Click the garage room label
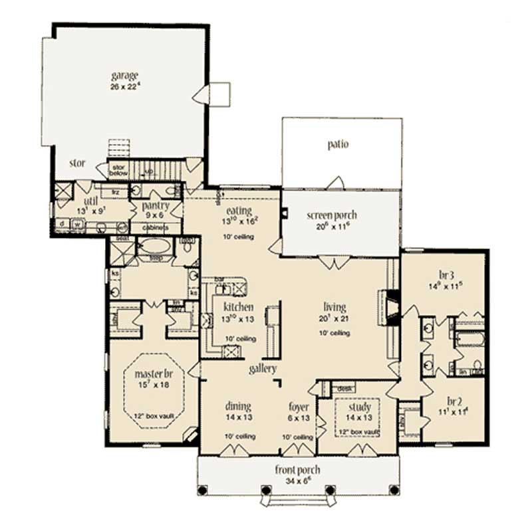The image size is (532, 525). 125,75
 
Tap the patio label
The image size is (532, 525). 338,144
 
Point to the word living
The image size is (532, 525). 334,307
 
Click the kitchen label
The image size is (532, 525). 238,307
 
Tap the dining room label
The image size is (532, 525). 237,406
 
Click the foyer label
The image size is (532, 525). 297,406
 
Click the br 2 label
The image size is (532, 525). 454,401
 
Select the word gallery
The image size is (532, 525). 263,369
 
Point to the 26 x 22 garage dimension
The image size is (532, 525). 126,86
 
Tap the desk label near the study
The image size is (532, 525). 344,387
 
